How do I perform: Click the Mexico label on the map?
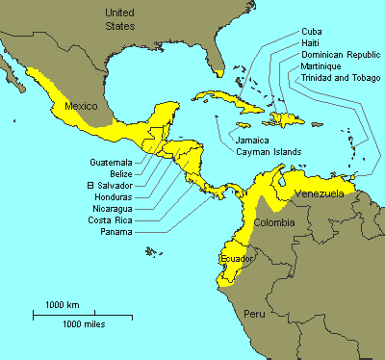click(x=81, y=104)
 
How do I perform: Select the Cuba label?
click(x=312, y=32)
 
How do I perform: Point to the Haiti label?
click(x=312, y=43)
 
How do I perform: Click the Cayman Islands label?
click(x=269, y=151)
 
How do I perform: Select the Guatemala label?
click(x=111, y=162)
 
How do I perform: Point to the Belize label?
click(x=121, y=173)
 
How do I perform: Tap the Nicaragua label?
click(x=111, y=208)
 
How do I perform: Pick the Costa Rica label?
click(x=109, y=219)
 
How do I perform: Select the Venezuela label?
click(x=318, y=193)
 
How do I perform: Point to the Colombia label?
click(x=273, y=223)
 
